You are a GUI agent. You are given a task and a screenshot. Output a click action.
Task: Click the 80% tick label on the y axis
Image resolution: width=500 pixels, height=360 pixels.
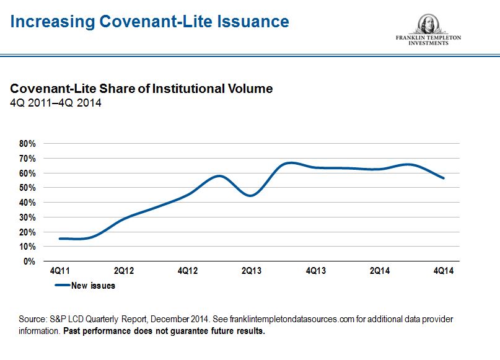(x=27, y=143)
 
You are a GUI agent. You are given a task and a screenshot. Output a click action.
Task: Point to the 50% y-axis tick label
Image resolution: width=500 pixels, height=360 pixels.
(x=27, y=187)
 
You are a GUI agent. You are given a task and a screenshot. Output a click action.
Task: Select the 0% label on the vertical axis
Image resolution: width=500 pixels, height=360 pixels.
(x=29, y=261)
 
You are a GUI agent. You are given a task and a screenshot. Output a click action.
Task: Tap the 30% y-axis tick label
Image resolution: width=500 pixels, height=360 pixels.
(x=27, y=217)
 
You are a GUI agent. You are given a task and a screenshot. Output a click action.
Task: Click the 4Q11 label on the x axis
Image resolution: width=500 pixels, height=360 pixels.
(x=59, y=271)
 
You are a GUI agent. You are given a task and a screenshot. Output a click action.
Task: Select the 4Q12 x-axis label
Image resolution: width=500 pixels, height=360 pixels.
(x=188, y=271)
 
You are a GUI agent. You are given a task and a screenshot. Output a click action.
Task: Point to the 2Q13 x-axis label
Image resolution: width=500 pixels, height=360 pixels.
(x=252, y=271)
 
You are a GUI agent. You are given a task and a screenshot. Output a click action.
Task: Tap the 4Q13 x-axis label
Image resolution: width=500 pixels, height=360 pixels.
(x=315, y=271)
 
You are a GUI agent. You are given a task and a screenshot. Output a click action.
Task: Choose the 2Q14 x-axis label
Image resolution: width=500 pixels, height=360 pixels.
(x=380, y=271)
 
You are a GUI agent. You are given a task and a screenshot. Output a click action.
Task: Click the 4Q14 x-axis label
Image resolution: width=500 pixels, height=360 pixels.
(x=444, y=271)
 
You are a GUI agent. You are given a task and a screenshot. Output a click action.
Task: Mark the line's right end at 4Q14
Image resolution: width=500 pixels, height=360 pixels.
(x=444, y=178)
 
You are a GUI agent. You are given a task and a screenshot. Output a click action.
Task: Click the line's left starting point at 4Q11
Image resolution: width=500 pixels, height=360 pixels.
(x=59, y=239)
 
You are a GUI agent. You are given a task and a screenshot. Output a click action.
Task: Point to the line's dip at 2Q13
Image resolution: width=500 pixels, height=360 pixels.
(x=251, y=195)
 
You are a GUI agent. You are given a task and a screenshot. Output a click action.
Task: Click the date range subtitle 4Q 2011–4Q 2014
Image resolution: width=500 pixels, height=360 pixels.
(x=56, y=103)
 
